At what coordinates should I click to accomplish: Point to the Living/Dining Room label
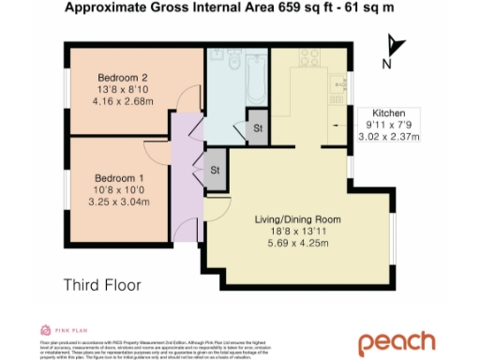point(298,220)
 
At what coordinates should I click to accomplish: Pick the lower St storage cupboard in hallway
point(215,170)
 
